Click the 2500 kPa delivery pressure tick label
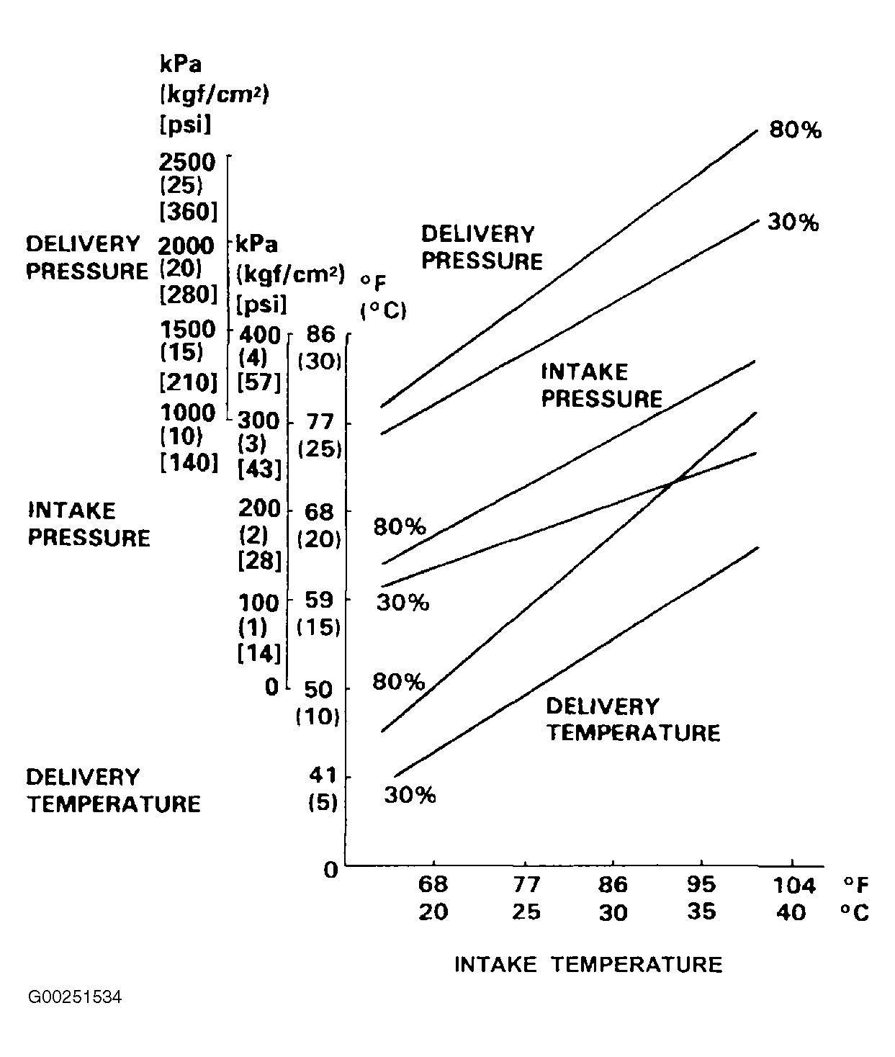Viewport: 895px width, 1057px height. click(x=186, y=162)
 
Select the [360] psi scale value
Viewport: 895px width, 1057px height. click(x=188, y=212)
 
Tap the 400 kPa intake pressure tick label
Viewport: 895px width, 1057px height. click(x=258, y=334)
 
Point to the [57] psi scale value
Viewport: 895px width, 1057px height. click(x=259, y=382)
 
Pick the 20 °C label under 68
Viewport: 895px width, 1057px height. click(x=433, y=912)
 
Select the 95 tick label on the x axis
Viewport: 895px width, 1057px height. click(x=701, y=884)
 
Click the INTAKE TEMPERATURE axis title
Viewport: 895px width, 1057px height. click(x=588, y=965)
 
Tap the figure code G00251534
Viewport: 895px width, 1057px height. click(x=75, y=998)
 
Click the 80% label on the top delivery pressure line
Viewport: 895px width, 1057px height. click(x=795, y=130)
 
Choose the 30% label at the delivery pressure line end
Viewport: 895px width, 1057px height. click(x=793, y=222)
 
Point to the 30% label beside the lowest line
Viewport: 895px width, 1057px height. click(x=410, y=796)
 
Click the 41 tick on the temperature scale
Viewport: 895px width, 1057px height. click(x=323, y=776)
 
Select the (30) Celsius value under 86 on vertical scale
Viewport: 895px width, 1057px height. click(x=319, y=361)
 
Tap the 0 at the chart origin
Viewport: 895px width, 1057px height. click(x=330, y=870)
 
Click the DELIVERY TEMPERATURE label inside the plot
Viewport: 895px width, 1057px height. click(x=633, y=719)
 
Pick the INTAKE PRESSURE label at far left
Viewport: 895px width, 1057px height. click(x=89, y=524)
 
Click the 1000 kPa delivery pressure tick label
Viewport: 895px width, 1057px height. click(x=187, y=413)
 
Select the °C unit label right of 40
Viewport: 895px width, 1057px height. click(x=854, y=912)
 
